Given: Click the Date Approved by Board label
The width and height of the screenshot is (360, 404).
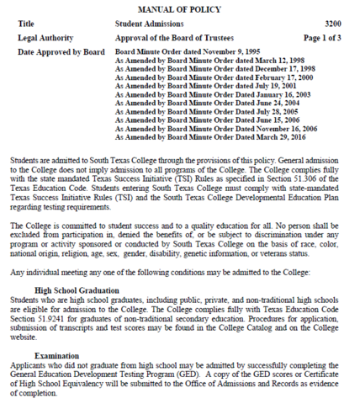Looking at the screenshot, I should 60,52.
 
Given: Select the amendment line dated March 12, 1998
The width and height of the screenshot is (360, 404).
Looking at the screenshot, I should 199,61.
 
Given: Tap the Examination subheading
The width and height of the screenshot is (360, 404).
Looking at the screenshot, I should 56,356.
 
